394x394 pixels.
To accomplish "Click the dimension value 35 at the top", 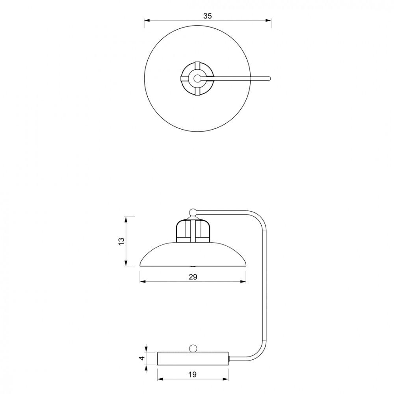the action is pyautogui.click(x=208, y=16).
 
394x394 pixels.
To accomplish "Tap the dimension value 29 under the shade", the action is pyautogui.click(x=193, y=277).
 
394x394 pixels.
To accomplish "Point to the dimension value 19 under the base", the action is pyautogui.click(x=193, y=374).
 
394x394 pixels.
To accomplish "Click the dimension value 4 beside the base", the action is pyautogui.click(x=142, y=358).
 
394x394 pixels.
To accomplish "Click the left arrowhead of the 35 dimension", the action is pyautogui.click(x=147, y=20).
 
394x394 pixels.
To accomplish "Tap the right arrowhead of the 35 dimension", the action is pyautogui.click(x=268, y=20).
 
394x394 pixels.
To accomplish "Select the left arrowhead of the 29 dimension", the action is pyautogui.click(x=143, y=282).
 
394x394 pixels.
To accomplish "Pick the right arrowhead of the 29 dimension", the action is pyautogui.click(x=243, y=282).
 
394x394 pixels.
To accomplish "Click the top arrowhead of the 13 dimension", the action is pyautogui.click(x=126, y=219).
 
